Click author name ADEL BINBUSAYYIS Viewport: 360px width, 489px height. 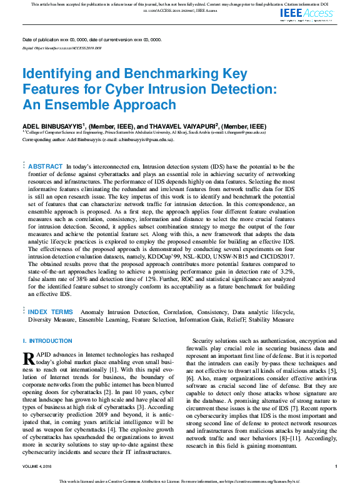point(52,126)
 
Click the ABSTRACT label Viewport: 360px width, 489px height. point(45,166)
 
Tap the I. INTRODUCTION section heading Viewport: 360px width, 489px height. point(47,341)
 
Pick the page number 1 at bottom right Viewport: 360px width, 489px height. point(336,467)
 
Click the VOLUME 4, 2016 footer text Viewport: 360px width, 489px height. point(39,467)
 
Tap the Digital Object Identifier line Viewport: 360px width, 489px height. point(61,47)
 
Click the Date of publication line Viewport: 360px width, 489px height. point(91,39)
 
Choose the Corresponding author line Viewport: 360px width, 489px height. point(87,140)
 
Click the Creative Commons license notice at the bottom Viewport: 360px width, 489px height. point(180,481)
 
